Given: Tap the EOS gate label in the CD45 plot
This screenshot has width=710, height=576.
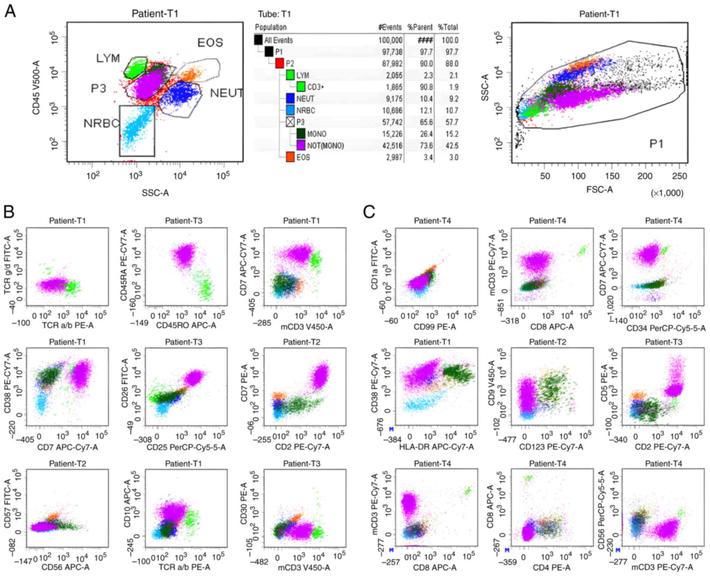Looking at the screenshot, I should (x=210, y=43).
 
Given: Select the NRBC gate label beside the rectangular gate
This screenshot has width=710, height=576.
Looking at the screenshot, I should (x=101, y=123).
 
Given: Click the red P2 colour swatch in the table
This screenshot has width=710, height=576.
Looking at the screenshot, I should (x=280, y=63).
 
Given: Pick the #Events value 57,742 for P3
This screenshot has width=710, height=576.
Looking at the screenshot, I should (x=390, y=122).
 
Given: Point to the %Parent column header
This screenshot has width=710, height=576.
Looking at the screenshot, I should (x=420, y=27).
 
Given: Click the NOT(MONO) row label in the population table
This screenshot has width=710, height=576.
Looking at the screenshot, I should (x=325, y=146).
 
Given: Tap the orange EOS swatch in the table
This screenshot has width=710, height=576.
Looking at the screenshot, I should (x=290, y=157).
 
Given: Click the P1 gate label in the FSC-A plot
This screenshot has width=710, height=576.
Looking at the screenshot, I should (x=656, y=144).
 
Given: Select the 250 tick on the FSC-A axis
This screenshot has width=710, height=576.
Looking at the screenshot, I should (x=679, y=176).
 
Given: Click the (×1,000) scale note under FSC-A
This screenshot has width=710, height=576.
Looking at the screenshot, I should (x=667, y=193).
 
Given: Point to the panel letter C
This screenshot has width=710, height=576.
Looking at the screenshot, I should (x=369, y=212).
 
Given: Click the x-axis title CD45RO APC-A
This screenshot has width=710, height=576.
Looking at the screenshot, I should (x=186, y=326).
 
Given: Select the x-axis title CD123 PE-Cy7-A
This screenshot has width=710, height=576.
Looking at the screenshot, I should (x=551, y=446).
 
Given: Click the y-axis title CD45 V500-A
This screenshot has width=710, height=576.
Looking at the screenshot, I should (x=36, y=87).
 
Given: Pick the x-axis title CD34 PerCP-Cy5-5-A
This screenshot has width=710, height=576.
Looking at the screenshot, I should (x=666, y=328).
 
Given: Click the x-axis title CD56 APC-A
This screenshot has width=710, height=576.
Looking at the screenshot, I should (x=66, y=567).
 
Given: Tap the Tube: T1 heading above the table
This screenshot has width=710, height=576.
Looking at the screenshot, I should (x=274, y=14).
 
